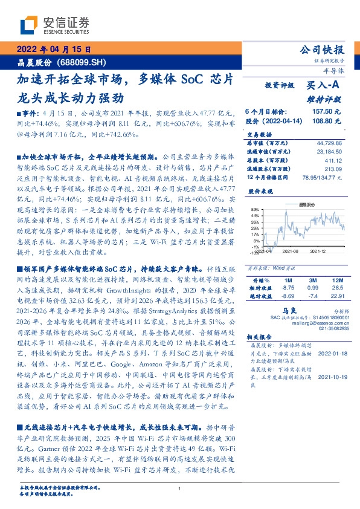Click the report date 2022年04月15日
54,50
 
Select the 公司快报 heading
321,50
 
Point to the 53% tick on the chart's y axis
256,209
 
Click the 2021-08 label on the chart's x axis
291,251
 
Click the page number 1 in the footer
179,488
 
